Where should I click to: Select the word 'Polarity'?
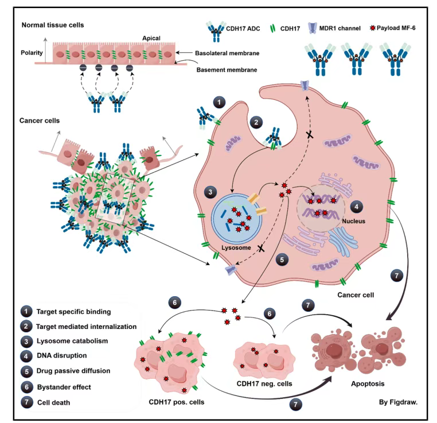click(x=34, y=52)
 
